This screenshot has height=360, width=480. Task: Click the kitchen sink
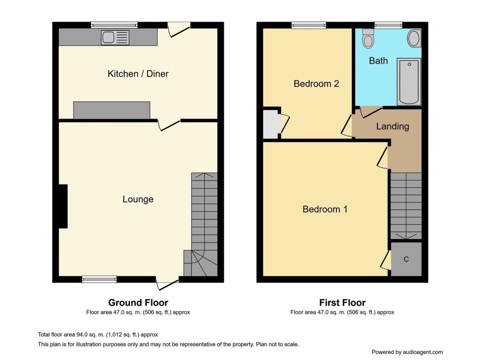click(x=114, y=37)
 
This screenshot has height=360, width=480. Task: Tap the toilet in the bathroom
click(x=368, y=39)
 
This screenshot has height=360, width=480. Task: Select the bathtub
click(x=409, y=82)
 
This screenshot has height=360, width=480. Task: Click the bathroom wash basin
click(x=414, y=38)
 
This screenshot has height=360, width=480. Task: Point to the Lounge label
click(x=138, y=199)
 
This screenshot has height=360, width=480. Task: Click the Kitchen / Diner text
click(x=138, y=74)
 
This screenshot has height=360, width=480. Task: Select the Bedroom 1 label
click(x=325, y=209)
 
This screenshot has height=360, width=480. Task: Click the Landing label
click(x=392, y=127)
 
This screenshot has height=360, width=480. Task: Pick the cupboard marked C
click(x=406, y=259)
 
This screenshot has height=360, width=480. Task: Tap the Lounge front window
click(x=99, y=279)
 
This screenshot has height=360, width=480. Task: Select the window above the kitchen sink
click(x=114, y=25)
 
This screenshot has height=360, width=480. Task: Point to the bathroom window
click(x=388, y=25)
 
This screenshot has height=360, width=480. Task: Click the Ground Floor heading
click(x=138, y=303)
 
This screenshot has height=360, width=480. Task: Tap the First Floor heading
click(x=342, y=303)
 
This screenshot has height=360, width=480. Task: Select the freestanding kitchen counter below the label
click(x=112, y=110)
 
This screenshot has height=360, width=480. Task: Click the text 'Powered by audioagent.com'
click(x=407, y=352)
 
